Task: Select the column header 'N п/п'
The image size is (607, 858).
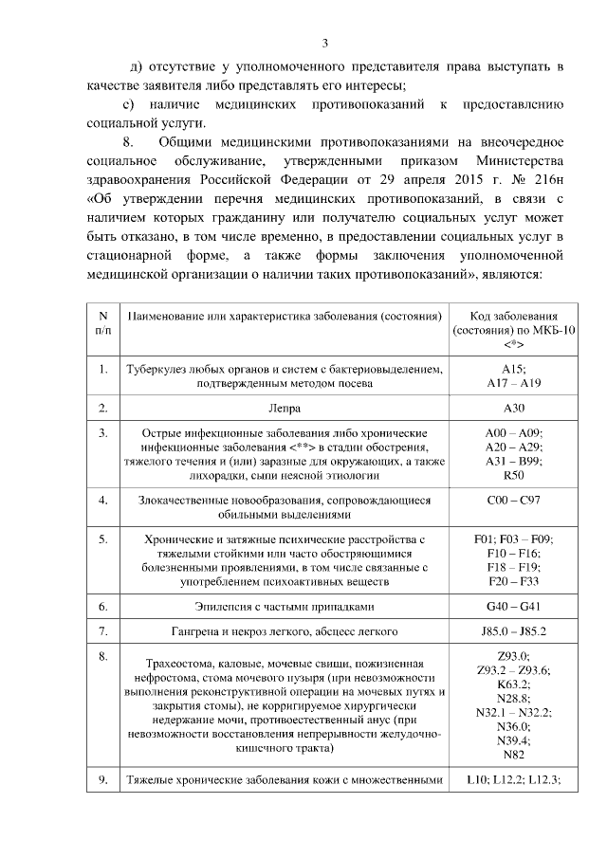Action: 103,322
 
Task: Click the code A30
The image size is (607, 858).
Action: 512,409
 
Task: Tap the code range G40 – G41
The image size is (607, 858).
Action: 512,605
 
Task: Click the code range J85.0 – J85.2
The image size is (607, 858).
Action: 512,630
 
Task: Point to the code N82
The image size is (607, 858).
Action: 512,755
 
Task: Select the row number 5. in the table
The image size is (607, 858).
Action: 103,539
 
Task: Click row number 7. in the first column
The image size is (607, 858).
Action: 103,630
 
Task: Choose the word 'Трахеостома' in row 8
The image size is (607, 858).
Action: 175,664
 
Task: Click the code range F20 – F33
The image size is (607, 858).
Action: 512,579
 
